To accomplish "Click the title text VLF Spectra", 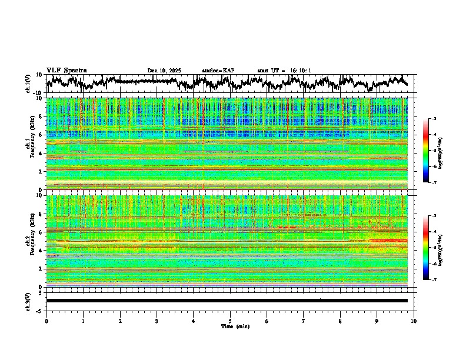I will tap(66, 71).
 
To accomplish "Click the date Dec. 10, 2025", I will tap(164, 71).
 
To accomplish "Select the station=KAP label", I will tap(218, 71).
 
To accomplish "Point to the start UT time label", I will tap(284, 71).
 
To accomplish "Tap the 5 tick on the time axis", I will tap(230, 321).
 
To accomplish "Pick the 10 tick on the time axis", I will tap(414, 321).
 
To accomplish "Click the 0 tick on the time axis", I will tap(46, 321).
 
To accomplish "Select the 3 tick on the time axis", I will tap(157, 321).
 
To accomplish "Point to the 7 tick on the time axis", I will tap(304, 321).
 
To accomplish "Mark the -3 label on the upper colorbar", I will tap(433, 119).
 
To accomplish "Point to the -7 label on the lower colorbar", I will tap(433, 280).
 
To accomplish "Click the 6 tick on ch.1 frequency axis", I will tap(41, 135).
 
